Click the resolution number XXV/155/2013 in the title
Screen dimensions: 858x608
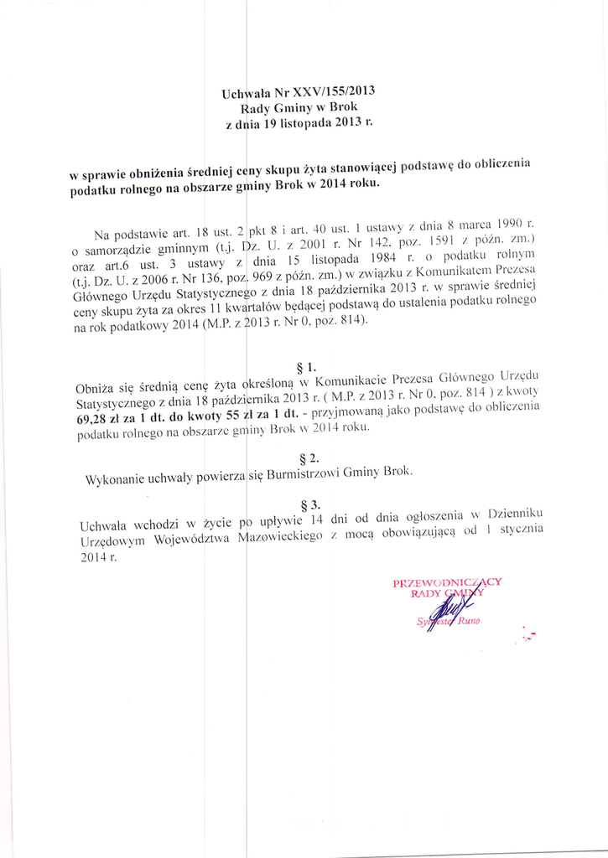pyautogui.click(x=325, y=91)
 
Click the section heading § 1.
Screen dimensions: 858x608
pyautogui.click(x=306, y=367)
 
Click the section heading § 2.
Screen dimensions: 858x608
pyautogui.click(x=309, y=457)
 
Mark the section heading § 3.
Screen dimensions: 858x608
pyautogui.click(x=309, y=505)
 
